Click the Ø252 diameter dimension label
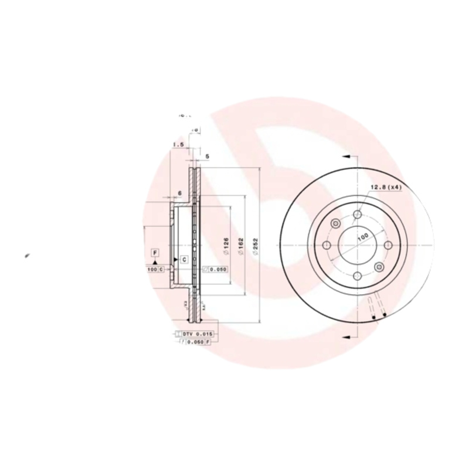pos(256,247)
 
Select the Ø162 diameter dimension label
pos(240,247)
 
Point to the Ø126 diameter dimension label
pos(225,247)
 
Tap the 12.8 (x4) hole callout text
pos(385,187)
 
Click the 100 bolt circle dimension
pos(363,236)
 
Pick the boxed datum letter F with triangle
pos(155,253)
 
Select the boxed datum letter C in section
pos(183,259)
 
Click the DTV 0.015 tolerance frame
pos(195,334)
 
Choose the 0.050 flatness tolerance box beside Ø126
pos(215,270)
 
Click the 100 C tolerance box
pos(155,269)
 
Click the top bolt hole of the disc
pos(358,215)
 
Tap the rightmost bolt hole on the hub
pos(388,245)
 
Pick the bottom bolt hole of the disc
pos(358,275)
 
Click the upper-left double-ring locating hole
pos(336,223)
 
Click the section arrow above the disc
pos(346,157)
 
